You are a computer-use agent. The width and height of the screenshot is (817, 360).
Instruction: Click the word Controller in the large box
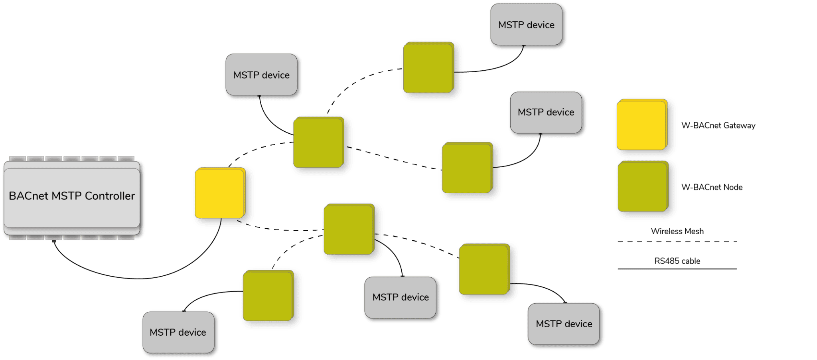pos(110,196)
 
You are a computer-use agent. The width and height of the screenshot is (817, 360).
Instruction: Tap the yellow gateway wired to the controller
pos(220,193)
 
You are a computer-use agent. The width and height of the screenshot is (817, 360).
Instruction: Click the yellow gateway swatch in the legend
pos(642,125)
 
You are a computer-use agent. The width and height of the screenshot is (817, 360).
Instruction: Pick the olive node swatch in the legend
pos(643,186)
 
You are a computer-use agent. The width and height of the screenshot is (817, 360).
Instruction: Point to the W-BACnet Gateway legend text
pos(718,125)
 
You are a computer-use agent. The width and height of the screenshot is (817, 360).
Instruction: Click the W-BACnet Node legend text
pos(712,187)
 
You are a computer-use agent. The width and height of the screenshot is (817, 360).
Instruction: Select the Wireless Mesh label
pos(677,231)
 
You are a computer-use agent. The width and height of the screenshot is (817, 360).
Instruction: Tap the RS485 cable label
pos(677,261)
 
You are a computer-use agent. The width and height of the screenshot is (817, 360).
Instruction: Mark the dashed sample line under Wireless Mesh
pos(677,242)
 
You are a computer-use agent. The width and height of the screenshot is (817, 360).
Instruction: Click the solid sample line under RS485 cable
pos(677,269)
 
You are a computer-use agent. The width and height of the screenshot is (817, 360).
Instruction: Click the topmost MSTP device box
pos(526,24)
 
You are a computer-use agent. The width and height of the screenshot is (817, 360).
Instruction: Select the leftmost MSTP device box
pos(178,332)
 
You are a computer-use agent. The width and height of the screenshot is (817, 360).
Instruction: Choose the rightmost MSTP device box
pos(563,324)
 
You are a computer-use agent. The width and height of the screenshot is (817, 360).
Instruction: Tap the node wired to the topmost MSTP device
pos(428,67)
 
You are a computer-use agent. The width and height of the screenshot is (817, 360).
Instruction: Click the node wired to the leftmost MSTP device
pos(268,296)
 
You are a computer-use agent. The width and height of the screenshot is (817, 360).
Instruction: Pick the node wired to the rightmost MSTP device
pos(484,269)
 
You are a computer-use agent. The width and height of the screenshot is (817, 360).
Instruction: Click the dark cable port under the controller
pos(54,241)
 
